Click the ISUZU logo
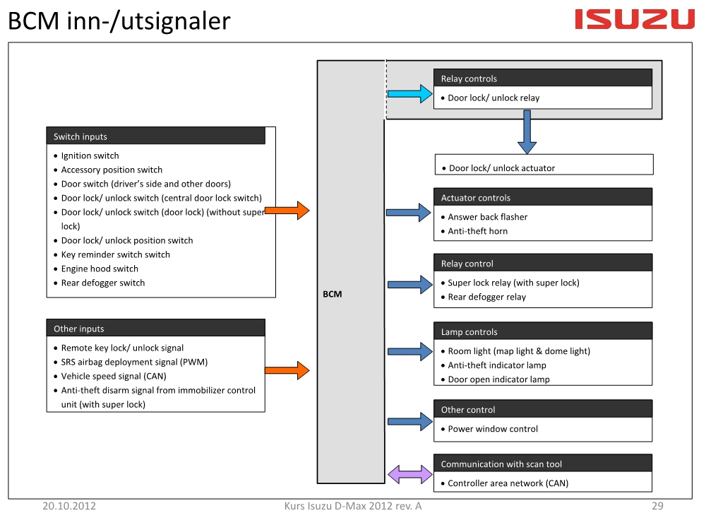pos(635,19)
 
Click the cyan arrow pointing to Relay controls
pos(409,94)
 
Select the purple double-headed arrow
pos(409,475)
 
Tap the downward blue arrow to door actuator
pos(527,131)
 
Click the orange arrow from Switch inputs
pos(287,211)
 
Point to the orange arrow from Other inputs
pos(287,370)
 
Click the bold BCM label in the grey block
pos(333,294)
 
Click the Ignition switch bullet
pos(86,155)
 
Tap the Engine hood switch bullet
pos(96,269)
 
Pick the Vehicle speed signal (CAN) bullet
pos(110,376)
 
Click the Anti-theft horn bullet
pos(474,231)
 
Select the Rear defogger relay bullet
pos(483,297)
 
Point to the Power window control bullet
pos(489,429)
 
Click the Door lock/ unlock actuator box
pos(544,165)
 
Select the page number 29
pos(657,506)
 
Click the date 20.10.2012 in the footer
pos(69,506)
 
